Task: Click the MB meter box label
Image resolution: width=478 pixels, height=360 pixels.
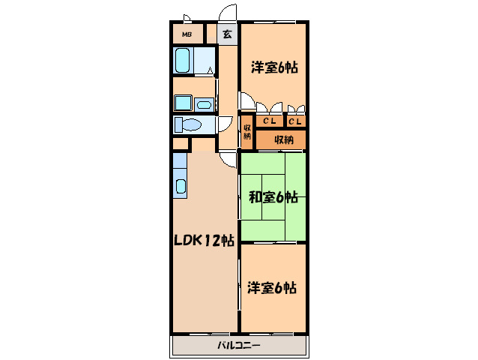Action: point(187,34)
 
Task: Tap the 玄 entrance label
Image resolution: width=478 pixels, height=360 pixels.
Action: point(227,34)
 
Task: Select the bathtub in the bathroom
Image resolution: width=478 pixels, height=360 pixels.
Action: point(183,60)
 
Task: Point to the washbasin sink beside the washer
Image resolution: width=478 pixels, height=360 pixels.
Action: point(204,105)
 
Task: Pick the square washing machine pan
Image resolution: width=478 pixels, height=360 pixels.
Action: point(183,103)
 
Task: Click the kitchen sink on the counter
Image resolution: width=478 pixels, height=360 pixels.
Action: point(181,186)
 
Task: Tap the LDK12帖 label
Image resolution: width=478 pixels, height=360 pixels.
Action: point(204,241)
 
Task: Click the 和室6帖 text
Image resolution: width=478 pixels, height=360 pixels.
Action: point(273,196)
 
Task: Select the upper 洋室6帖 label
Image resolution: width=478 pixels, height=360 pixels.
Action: point(274,67)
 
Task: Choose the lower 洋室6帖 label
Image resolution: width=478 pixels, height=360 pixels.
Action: point(272,287)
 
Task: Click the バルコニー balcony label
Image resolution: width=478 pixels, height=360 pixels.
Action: point(239,345)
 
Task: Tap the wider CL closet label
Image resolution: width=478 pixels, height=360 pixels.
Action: point(270,121)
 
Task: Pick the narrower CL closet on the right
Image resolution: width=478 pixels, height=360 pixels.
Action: point(294,121)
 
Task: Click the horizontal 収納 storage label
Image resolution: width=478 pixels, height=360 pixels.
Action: point(284,139)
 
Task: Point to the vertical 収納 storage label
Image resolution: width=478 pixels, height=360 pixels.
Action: point(247,132)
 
